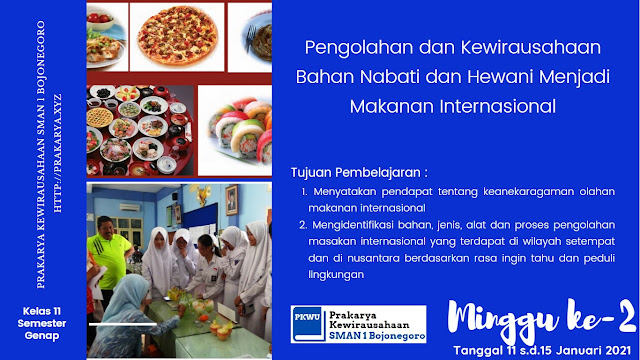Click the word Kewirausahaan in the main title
[531, 47]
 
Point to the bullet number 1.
[304, 192]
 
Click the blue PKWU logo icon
[308, 324]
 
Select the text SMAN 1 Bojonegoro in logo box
[377, 336]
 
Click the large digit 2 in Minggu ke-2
[625, 316]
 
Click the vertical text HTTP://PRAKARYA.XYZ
[58, 153]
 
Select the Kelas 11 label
[42, 311]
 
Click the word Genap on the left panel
[42, 336]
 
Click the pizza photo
[177, 36]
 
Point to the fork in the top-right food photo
[250, 38]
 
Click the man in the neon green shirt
[108, 255]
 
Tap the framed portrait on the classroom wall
[231, 200]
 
